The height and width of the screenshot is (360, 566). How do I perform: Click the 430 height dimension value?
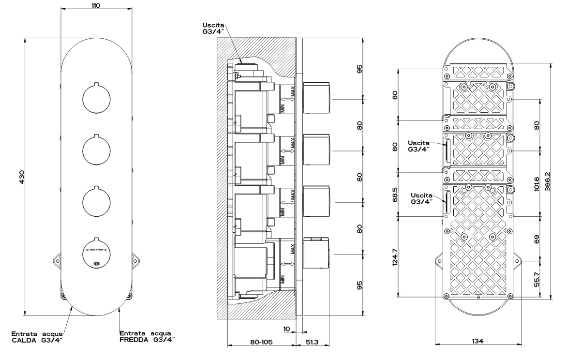coord(21,177)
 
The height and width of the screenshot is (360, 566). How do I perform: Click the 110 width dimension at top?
coord(96,5)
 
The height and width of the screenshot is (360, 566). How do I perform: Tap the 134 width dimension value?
coord(477,341)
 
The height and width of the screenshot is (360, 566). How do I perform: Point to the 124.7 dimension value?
coord(395,257)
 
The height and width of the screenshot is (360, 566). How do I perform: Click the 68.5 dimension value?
coord(395,195)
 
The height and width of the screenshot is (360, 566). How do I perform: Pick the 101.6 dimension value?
coord(537,184)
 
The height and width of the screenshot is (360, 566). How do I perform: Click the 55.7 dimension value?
coord(537,280)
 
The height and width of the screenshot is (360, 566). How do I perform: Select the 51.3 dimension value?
coord(313,342)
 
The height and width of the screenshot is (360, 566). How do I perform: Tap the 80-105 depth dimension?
coord(261,342)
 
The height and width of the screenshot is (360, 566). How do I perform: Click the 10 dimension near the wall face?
coord(286,329)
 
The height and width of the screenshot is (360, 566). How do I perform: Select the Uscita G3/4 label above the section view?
coord(213,28)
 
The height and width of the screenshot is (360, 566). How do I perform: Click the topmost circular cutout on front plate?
coord(96,98)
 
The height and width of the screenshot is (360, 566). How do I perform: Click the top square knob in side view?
coord(316,97)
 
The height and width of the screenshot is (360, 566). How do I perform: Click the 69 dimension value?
coord(537,239)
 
